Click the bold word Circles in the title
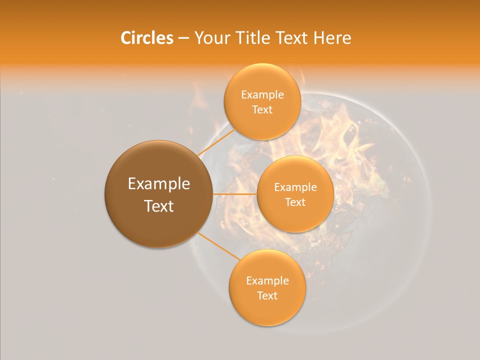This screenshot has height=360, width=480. pos(146,38)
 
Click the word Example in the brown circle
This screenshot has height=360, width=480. pos(159,184)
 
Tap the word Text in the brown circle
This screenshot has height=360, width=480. pos(159,206)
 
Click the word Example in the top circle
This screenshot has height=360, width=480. pos(262,95)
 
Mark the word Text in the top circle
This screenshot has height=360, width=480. pos(262,110)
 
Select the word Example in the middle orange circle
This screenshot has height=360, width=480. pos(295,187)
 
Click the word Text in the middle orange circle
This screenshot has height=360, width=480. pos(295,202)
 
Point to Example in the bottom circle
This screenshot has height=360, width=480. pos(267,281)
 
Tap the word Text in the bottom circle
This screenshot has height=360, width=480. pos(267,296)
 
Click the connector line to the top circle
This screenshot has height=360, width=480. pos(216,141)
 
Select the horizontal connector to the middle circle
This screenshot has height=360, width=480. pos(234,194)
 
